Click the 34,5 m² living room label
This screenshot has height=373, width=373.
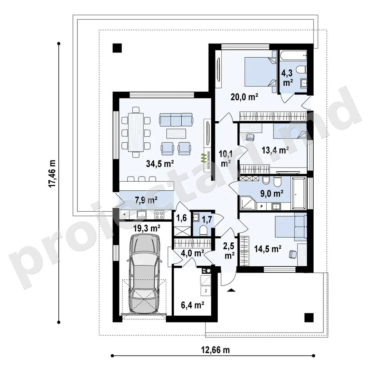pyautogui.click(x=160, y=164)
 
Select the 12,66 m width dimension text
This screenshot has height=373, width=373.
pyautogui.click(x=215, y=350)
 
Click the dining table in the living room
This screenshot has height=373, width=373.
pyautogui.click(x=136, y=133)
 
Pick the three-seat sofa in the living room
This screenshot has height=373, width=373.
pyautogui.click(x=176, y=119)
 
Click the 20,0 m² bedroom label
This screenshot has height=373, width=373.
pyautogui.click(x=244, y=97)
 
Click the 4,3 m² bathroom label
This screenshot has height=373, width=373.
pyautogui.click(x=287, y=78)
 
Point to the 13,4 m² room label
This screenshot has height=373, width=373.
pyautogui.click(x=275, y=150)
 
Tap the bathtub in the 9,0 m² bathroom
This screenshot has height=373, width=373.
pyautogui.click(x=299, y=193)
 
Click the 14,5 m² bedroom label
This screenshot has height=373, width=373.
pyautogui.click(x=268, y=249)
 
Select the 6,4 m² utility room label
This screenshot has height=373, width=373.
pyautogui.click(x=192, y=305)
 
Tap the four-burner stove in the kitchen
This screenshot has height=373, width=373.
pyautogui.click(x=159, y=215)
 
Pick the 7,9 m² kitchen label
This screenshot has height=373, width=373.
pyautogui.click(x=146, y=200)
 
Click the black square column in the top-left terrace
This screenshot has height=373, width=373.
pyautogui.click(x=117, y=48)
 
